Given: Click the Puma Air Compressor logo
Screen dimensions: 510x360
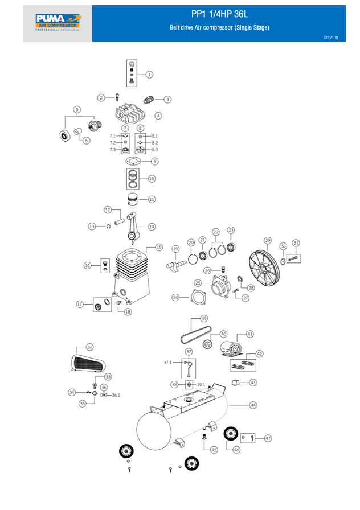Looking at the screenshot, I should point(58,23).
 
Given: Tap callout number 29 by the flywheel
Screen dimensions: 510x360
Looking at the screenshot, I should point(268,241).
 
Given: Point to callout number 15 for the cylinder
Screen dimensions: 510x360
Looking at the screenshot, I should point(159,248).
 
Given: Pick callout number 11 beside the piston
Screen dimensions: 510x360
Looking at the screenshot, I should point(152,199).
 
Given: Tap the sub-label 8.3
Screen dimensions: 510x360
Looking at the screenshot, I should point(154,150).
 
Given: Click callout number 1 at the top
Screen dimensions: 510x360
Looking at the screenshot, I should point(149,74).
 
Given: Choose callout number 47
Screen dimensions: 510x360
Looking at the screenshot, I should point(268,438).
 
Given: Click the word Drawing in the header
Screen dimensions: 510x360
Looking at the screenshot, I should point(330,38).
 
